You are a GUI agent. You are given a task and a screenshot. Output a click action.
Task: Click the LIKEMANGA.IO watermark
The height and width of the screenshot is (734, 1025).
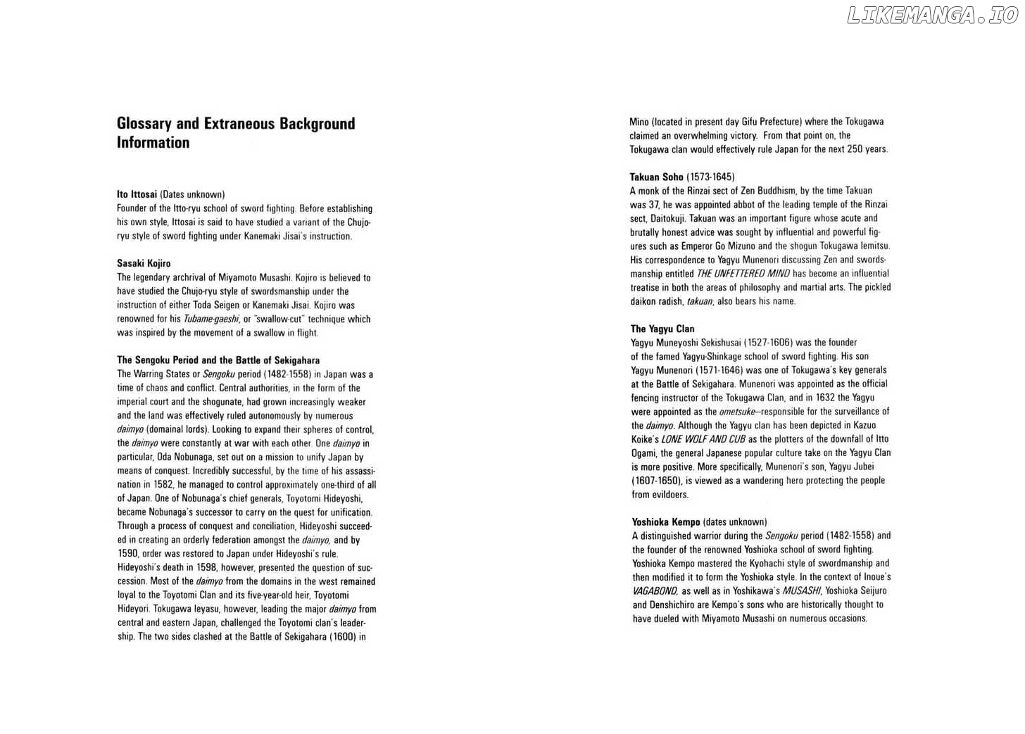tap(932, 15)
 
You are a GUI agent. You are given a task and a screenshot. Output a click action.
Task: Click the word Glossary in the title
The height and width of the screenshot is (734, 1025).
tap(144, 124)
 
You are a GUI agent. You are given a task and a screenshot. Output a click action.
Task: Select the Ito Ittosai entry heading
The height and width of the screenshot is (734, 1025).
tap(137, 194)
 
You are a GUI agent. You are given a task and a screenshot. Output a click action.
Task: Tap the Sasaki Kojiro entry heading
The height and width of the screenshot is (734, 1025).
tap(144, 263)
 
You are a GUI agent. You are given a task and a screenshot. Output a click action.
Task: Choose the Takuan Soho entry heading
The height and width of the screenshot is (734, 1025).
tap(657, 177)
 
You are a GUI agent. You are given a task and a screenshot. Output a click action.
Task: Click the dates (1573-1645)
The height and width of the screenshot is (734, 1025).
tap(710, 177)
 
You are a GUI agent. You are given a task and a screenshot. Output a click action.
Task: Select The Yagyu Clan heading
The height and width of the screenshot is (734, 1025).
tap(662, 329)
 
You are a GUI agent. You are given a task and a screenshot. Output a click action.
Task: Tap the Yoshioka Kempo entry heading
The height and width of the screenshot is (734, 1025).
tap(666, 522)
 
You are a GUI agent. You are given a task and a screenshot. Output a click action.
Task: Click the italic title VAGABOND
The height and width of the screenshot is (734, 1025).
tap(655, 591)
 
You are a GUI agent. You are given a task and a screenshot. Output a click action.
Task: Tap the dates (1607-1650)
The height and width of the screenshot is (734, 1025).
tap(656, 481)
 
